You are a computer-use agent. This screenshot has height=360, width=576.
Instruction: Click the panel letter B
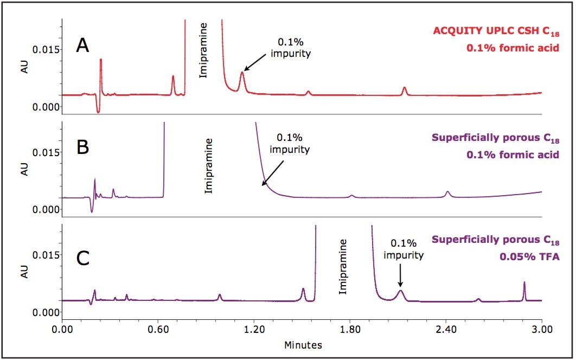[x=82, y=148]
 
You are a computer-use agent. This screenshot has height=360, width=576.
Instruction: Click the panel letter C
[x=83, y=259]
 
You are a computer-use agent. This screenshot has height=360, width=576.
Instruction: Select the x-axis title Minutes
[x=302, y=344]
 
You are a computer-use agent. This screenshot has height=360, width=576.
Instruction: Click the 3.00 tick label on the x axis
[x=541, y=328]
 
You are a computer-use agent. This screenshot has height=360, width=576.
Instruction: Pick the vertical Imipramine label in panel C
[x=342, y=268]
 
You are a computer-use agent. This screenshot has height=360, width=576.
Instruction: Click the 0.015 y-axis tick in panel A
[x=46, y=49]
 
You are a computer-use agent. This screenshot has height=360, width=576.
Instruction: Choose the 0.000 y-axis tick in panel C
[x=46, y=312]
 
